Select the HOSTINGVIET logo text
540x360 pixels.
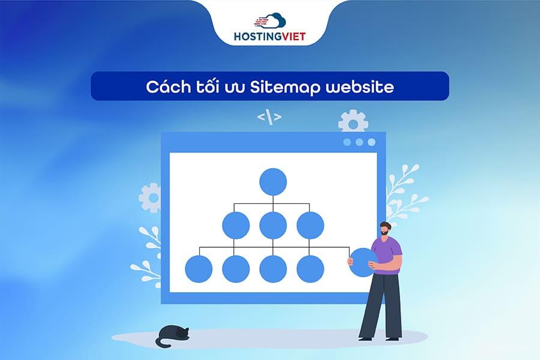(270, 37)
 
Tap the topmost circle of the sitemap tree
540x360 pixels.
(273, 181)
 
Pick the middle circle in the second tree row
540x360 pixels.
(273, 226)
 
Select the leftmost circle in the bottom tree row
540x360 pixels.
(199, 269)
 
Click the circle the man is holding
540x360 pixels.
(363, 263)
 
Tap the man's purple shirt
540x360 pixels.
(388, 255)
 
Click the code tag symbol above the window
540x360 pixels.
(269, 117)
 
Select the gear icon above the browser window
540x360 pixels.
(353, 122)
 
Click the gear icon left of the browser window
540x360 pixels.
(150, 197)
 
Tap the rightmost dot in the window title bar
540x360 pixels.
(371, 142)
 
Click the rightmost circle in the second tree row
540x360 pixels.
(310, 226)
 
